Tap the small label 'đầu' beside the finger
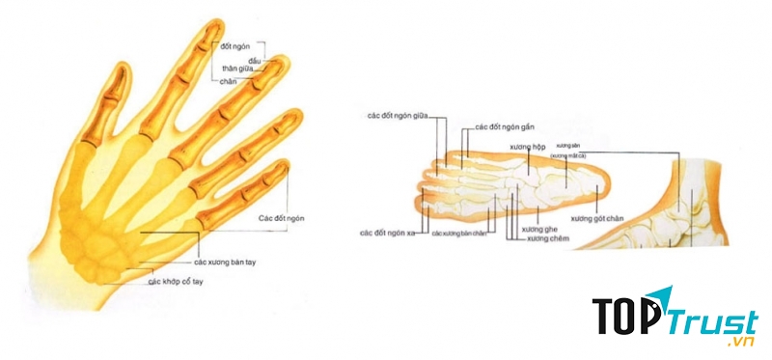tap(257, 61)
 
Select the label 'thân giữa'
tap(244, 70)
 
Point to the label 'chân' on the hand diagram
tap(230, 82)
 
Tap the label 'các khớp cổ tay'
tap(182, 282)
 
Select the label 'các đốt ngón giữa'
tap(398, 115)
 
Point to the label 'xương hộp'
tap(528, 147)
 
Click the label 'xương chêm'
tap(548, 238)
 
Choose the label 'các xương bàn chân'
tap(462, 234)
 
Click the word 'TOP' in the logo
tap(623, 316)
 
